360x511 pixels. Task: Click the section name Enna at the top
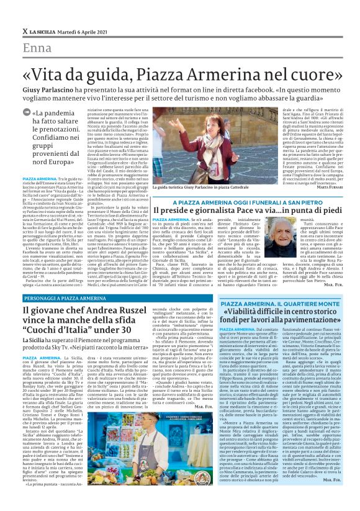[x=37, y=49]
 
